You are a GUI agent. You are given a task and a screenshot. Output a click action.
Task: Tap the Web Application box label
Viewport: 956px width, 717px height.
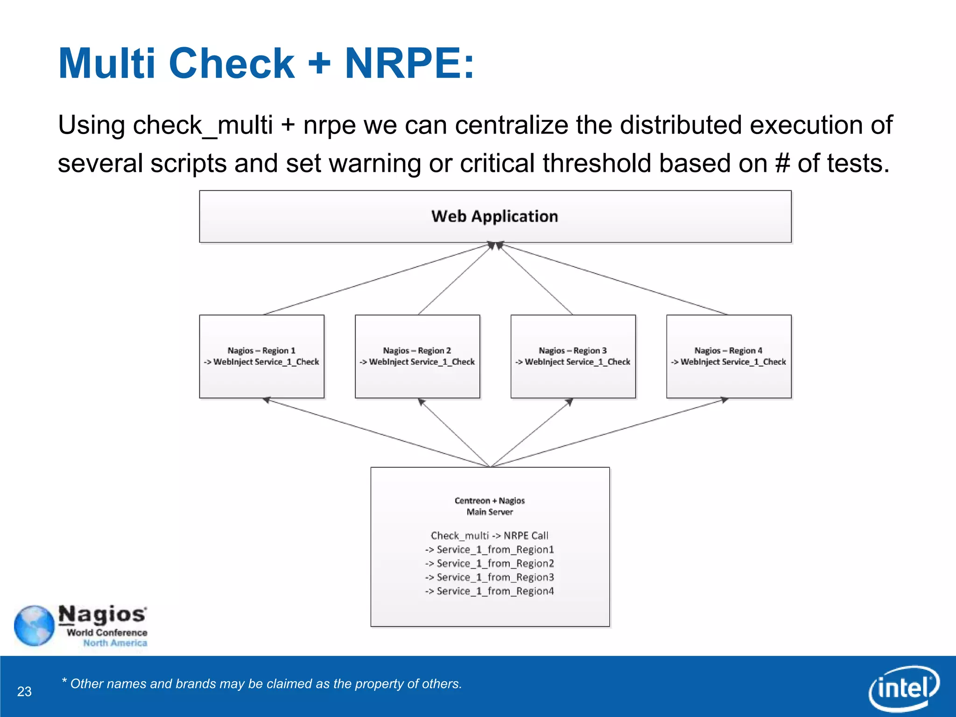(494, 216)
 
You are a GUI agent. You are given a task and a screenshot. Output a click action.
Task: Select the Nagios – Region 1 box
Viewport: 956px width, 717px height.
(261, 356)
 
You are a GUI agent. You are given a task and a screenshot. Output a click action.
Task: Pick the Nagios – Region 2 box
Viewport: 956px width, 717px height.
(417, 356)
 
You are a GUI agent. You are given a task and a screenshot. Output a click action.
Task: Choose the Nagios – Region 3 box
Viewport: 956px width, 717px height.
(573, 356)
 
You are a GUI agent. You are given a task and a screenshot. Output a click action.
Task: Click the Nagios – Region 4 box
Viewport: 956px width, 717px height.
(728, 356)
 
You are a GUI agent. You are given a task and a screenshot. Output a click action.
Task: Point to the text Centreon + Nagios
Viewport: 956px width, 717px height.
(490, 501)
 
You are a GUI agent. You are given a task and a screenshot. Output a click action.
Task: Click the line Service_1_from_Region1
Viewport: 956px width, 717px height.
(490, 549)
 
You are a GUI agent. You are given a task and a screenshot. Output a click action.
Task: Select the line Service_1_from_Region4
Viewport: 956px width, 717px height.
(490, 591)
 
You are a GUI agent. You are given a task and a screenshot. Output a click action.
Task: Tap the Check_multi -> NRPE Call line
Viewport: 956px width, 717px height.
(489, 535)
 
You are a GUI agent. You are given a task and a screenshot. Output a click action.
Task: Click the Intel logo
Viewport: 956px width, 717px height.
(904, 688)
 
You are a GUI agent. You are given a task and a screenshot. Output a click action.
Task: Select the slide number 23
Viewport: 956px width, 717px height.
(24, 691)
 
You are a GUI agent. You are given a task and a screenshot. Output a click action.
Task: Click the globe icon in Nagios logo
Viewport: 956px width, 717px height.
(34, 626)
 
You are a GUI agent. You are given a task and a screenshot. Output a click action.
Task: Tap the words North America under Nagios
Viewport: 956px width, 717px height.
(115, 643)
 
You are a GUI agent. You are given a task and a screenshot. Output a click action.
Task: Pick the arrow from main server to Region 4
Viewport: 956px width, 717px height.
(607, 433)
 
